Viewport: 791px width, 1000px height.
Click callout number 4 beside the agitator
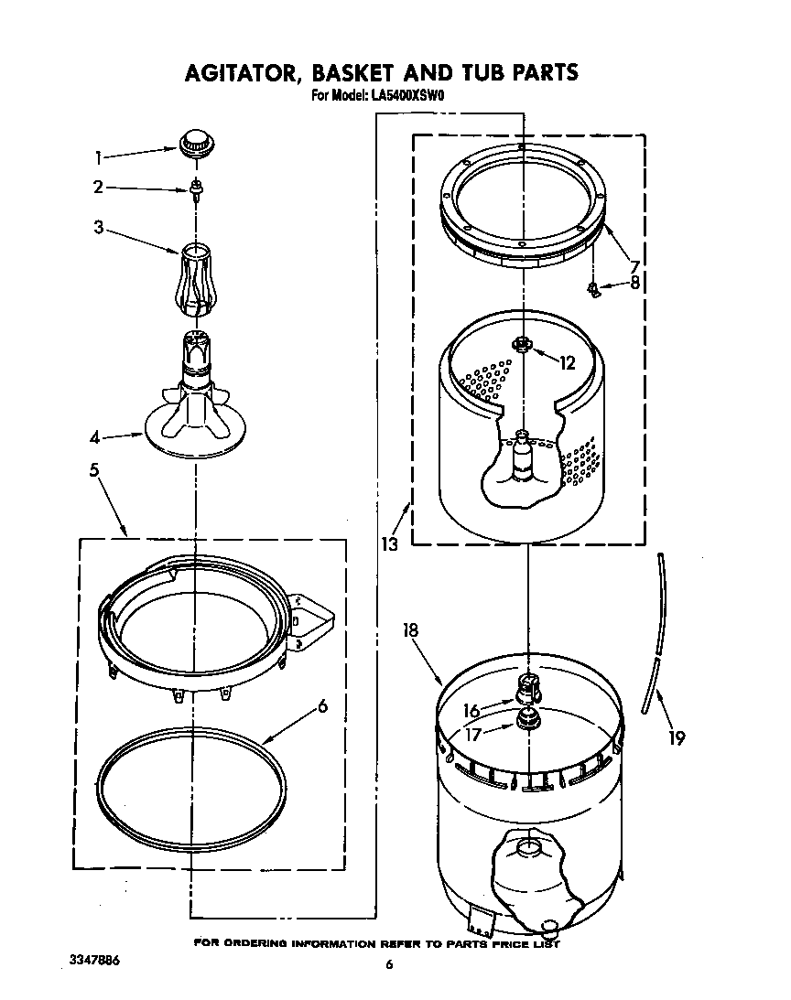click(94, 437)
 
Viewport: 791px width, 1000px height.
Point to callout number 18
click(410, 629)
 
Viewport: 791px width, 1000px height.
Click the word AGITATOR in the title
click(241, 71)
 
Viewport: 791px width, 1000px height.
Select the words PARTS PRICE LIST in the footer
click(509, 942)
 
